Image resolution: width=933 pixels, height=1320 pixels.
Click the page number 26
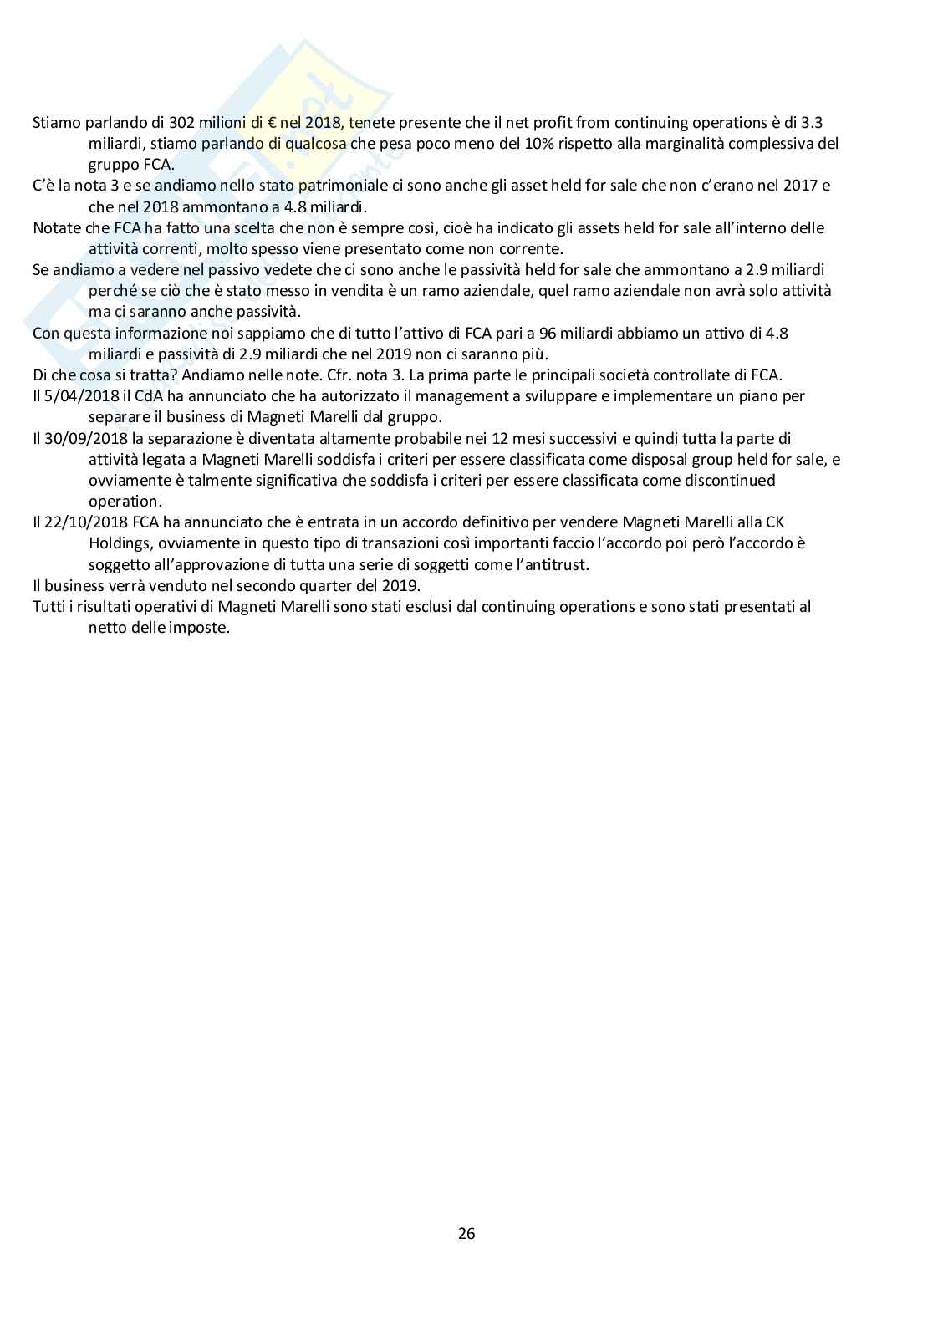(466, 1233)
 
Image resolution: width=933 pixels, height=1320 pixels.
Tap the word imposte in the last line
(201, 627)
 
